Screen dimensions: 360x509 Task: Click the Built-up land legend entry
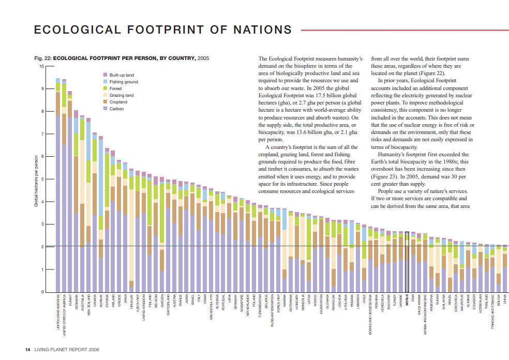[122, 75]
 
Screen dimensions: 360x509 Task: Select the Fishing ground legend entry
[124, 82]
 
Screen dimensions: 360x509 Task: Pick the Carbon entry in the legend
[116, 109]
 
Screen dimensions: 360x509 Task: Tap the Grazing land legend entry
[122, 95]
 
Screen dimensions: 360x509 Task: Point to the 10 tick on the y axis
[41, 66]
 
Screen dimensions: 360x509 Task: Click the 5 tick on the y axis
[42, 179]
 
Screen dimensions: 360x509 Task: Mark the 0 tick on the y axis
[42, 292]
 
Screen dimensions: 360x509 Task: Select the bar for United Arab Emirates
[58, 186]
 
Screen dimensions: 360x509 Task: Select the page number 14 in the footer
[28, 349]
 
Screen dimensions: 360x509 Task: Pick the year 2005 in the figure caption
[203, 58]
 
